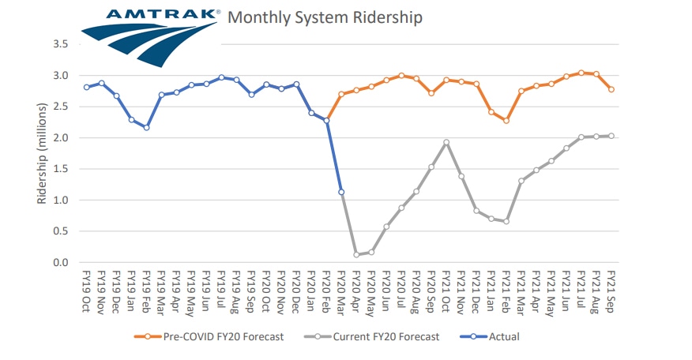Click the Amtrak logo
[x=150, y=37]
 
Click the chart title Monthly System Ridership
[x=325, y=17]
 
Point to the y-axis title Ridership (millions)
[x=42, y=153]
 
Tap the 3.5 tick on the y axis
[x=61, y=44]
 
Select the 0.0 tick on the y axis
[x=61, y=262]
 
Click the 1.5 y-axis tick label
[x=61, y=169]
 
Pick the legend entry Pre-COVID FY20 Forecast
[x=209, y=336]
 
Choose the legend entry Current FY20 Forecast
[x=371, y=336]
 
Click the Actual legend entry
[x=490, y=336]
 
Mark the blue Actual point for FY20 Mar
[x=341, y=192]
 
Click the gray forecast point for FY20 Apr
[x=356, y=254]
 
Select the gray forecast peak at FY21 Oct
[x=446, y=142]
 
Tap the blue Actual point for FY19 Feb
[x=146, y=128]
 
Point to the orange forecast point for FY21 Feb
[x=506, y=121]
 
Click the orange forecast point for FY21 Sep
[x=611, y=89]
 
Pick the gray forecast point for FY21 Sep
[x=611, y=136]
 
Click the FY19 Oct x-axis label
[x=86, y=291]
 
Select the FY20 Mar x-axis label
[x=341, y=292]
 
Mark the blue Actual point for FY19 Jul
[x=221, y=77]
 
